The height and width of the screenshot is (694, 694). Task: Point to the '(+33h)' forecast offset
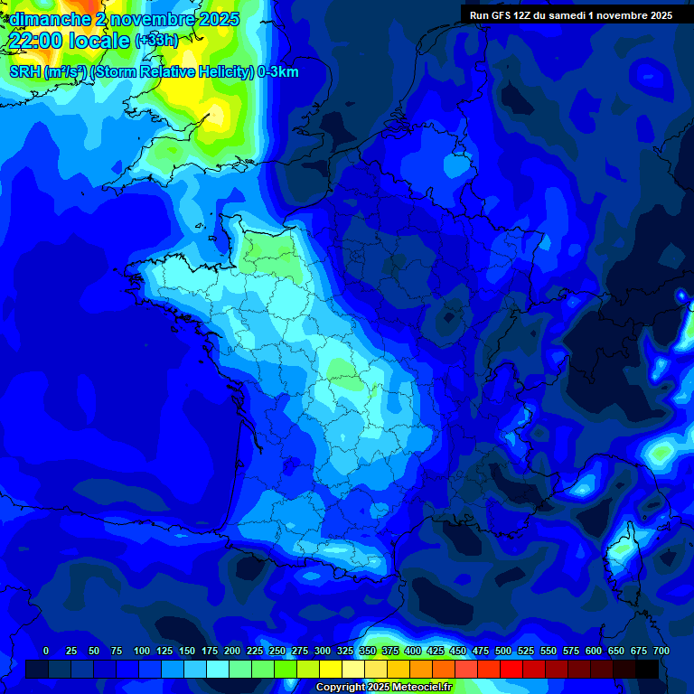click(156, 41)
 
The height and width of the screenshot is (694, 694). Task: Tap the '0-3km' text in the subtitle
click(278, 72)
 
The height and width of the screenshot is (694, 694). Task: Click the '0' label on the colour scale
click(46, 651)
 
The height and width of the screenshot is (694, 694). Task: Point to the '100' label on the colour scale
click(142, 651)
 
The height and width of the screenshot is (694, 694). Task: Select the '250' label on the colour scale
click(277, 651)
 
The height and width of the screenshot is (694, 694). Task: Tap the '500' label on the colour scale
click(503, 651)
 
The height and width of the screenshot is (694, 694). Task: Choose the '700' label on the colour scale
click(661, 651)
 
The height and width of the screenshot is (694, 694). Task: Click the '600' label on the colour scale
click(594, 651)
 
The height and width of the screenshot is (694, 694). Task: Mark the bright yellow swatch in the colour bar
click(331, 669)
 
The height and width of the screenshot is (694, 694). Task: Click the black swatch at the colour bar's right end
click(647, 669)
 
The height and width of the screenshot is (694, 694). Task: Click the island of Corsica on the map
click(623, 551)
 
